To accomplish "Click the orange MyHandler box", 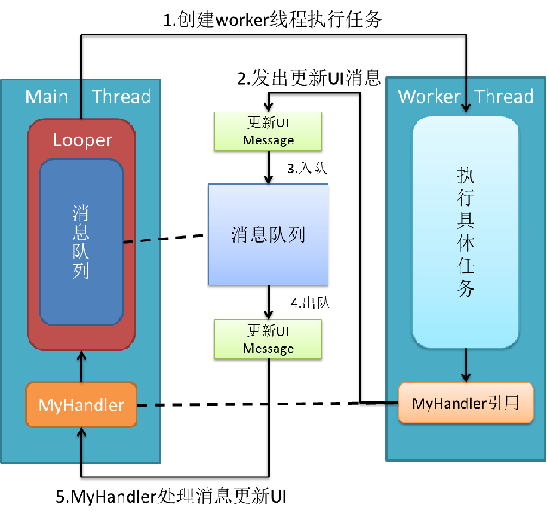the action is point(81,405).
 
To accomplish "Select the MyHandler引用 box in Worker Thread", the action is point(466,403).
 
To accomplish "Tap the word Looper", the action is point(83,140).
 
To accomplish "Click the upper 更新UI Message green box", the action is point(268,131).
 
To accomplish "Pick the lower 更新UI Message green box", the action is point(268,339).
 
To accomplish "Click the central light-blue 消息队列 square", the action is point(268,234).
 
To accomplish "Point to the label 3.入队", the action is point(307,169).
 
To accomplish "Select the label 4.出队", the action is point(310,303).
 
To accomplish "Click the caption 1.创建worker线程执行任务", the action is point(272,20).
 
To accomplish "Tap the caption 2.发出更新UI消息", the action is point(309,78).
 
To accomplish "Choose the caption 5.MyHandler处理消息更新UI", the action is point(171,497).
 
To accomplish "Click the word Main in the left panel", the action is point(47,96).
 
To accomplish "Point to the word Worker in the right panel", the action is point(429,96).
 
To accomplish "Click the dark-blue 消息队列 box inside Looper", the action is point(81,242).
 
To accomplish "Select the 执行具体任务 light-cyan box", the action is point(466,233).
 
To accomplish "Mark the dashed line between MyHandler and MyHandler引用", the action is point(268,405).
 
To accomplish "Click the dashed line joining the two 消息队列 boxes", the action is point(163,239).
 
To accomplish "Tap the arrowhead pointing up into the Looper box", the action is point(81,356).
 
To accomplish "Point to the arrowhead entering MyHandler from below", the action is point(81,432).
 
